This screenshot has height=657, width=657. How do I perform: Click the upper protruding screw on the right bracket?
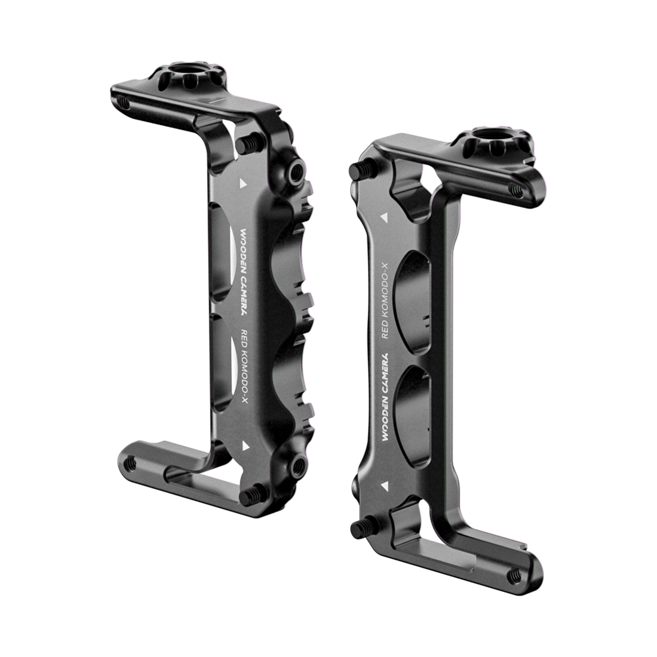[x=357, y=170]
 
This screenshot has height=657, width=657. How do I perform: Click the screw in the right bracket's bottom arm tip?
[x=513, y=575]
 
